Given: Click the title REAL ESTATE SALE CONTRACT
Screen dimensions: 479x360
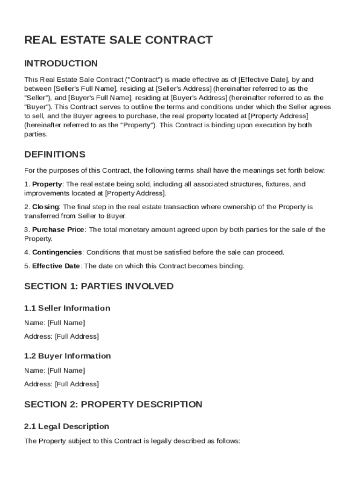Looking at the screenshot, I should (118, 40).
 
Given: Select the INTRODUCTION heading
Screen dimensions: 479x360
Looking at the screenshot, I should (61, 64).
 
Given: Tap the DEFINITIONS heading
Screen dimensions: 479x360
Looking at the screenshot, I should (55, 154).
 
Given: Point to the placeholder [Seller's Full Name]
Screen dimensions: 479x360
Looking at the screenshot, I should (86, 88).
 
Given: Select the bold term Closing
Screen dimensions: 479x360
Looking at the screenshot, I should (45, 207).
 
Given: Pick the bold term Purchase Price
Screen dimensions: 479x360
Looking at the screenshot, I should (58, 230).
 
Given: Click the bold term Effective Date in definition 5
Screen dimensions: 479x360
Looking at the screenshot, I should (56, 266).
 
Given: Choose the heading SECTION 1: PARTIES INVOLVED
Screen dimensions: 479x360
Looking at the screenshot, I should (99, 286).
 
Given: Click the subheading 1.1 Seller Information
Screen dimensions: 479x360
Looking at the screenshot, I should (67, 308).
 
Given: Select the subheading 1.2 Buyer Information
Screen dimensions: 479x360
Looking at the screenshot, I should (67, 356).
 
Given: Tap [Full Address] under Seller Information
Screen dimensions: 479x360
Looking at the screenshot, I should (77, 336).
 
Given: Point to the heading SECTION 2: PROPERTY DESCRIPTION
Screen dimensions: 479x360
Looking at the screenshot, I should (113, 404).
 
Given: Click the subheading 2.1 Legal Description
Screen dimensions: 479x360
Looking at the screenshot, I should (66, 427).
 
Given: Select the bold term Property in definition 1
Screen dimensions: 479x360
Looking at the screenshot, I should (47, 184).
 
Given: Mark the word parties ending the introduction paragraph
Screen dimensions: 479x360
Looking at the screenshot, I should (35, 134).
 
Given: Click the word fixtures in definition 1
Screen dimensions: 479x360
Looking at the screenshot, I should (278, 184).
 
